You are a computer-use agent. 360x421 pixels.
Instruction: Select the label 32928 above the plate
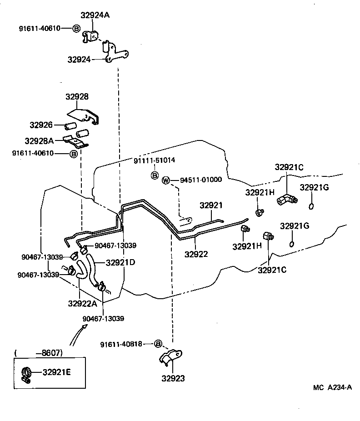(77, 97)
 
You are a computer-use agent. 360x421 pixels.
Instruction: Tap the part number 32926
(41, 125)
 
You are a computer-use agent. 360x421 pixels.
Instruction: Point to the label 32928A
(39, 140)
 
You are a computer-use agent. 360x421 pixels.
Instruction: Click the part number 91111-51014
(154, 161)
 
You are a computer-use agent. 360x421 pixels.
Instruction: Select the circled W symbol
(166, 180)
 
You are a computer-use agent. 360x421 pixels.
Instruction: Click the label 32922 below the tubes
(196, 254)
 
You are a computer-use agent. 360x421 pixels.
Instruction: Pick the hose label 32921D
(120, 262)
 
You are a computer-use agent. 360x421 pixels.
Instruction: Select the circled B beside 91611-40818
(158, 344)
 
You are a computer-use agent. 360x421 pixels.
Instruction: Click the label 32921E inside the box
(57, 372)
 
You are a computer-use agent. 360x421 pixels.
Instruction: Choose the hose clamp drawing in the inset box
(26, 373)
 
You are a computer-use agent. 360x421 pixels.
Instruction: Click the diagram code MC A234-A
(332, 387)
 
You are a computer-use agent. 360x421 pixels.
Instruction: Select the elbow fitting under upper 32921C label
(286, 199)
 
